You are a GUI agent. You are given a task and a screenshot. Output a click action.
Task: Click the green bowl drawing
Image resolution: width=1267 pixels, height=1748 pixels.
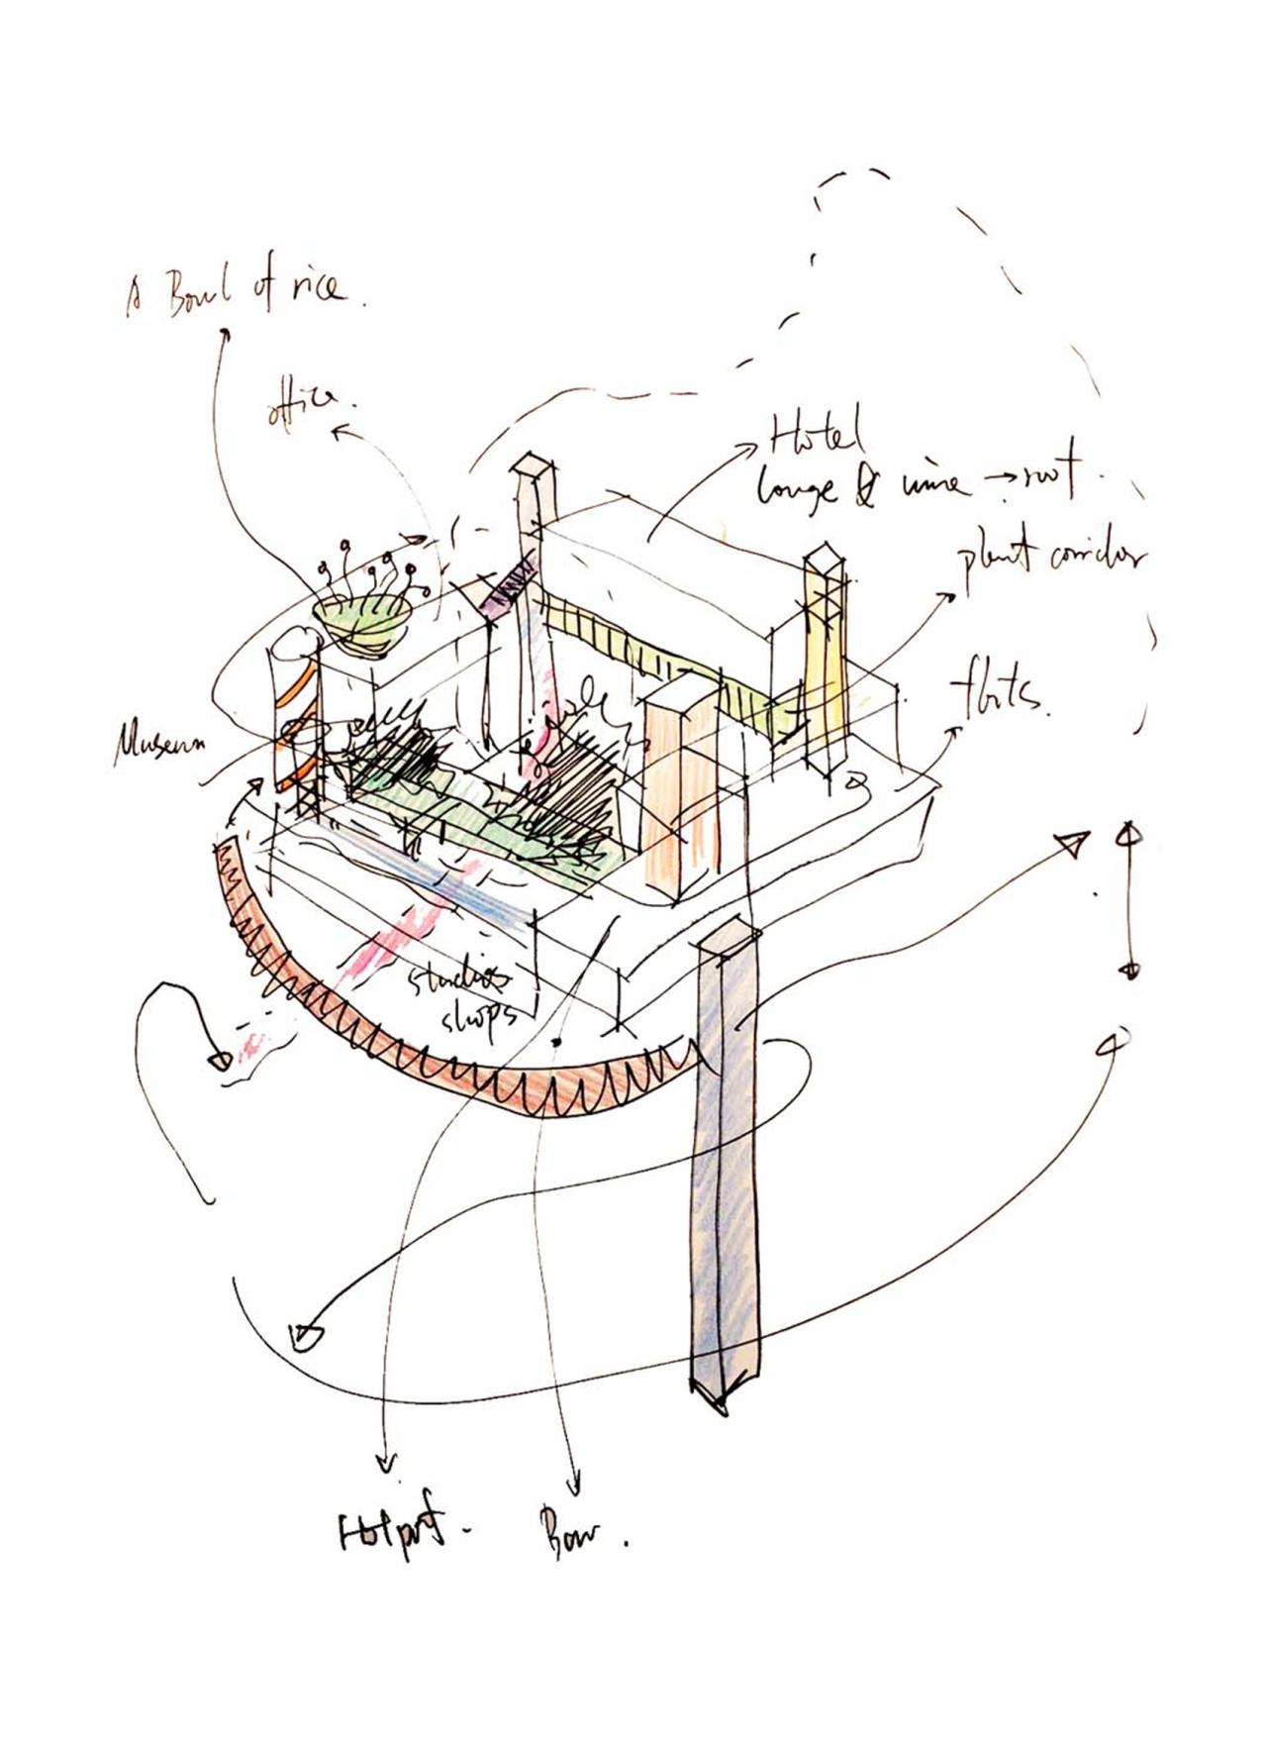(x=363, y=622)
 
